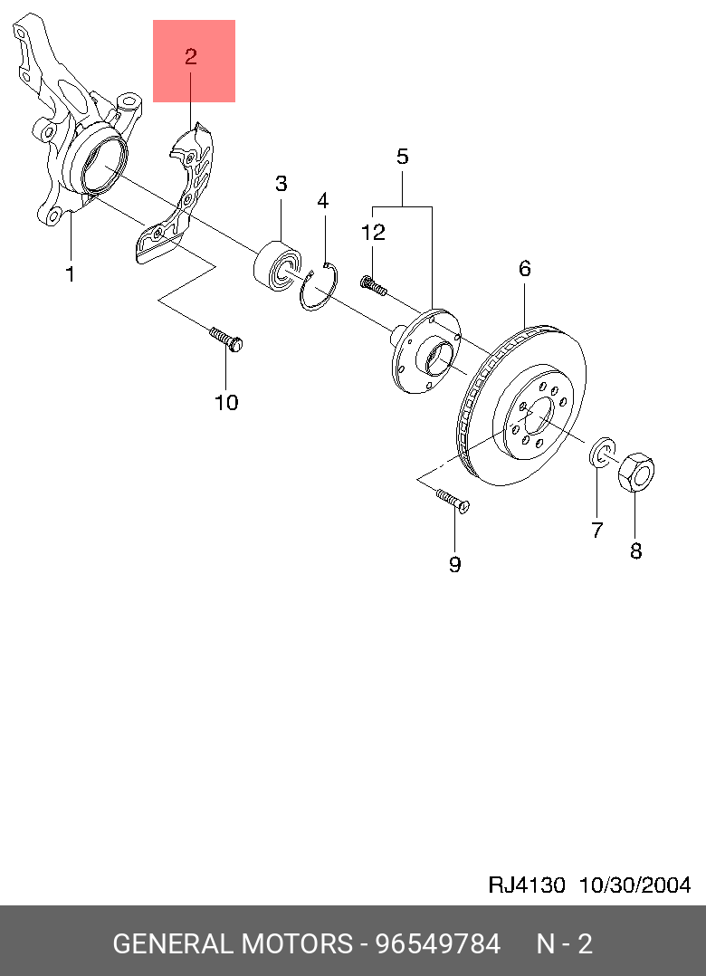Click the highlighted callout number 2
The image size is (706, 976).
(x=191, y=57)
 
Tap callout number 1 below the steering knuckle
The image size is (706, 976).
(x=71, y=273)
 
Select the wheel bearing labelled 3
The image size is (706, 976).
(x=278, y=266)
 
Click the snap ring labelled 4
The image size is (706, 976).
(x=319, y=286)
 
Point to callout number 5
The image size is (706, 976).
(x=403, y=157)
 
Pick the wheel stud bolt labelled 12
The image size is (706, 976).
(x=373, y=285)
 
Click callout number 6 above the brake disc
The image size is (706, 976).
(x=524, y=269)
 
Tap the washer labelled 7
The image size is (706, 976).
(x=602, y=453)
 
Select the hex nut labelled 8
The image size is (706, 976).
(x=636, y=472)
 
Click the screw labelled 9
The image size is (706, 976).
(x=453, y=501)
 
